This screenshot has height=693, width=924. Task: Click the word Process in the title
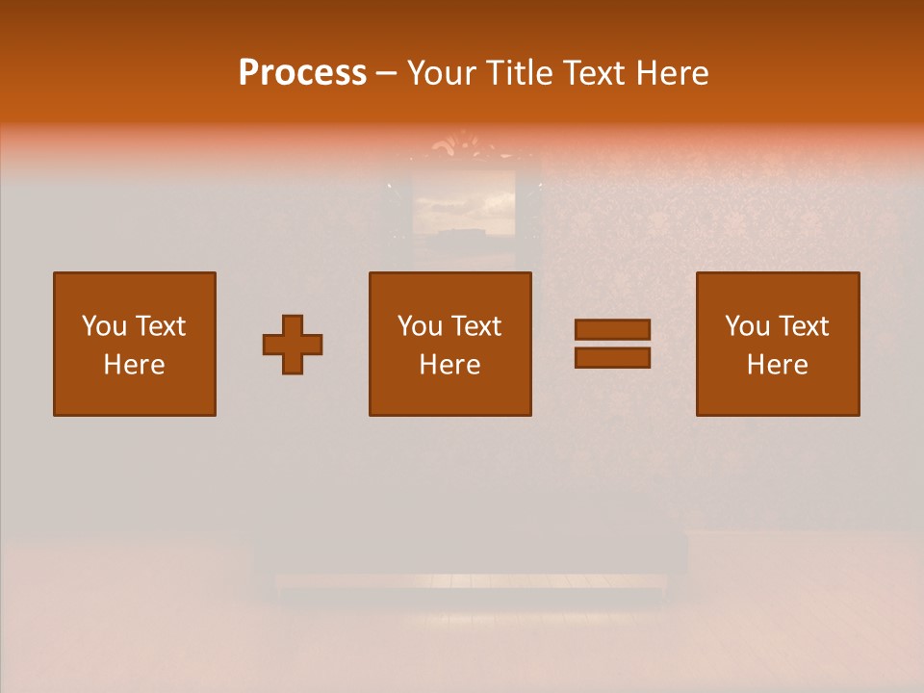(302, 72)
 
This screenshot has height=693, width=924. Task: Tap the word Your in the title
(444, 72)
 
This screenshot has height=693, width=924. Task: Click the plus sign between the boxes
(293, 344)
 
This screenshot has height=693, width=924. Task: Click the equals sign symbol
(612, 344)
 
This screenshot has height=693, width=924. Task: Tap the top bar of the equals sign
(612, 329)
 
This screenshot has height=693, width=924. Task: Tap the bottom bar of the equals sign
(612, 358)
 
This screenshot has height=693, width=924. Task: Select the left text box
(135, 344)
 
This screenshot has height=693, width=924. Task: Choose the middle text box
(450, 344)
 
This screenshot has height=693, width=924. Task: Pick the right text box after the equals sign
(778, 344)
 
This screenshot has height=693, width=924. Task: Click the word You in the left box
(103, 326)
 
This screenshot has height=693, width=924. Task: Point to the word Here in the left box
(135, 365)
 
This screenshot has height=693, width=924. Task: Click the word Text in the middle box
(476, 326)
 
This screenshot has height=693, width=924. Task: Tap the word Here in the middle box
(450, 365)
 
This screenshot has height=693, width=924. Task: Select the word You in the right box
(747, 326)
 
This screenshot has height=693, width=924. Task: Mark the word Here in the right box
(778, 365)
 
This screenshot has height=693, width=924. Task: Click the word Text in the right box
(804, 326)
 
